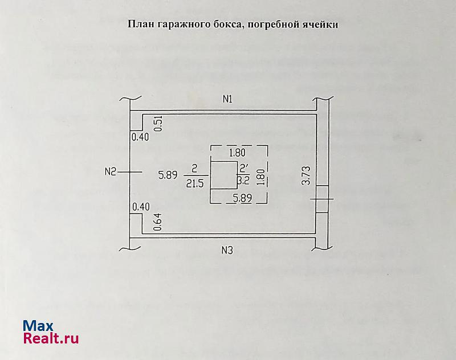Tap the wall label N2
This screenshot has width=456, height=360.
(x=111, y=171)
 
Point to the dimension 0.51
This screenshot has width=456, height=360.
(x=158, y=124)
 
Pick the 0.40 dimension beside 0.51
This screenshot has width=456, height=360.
(x=140, y=137)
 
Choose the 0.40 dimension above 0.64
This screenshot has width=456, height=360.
(x=140, y=207)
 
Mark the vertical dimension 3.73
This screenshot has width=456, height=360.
(x=306, y=175)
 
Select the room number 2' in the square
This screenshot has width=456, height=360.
(x=244, y=169)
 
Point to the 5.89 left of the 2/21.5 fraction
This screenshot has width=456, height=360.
(x=168, y=175)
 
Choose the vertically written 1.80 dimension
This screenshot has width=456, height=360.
(x=260, y=176)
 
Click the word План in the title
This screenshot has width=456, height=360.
(x=139, y=24)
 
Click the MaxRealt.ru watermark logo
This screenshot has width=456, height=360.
(x=50, y=332)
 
